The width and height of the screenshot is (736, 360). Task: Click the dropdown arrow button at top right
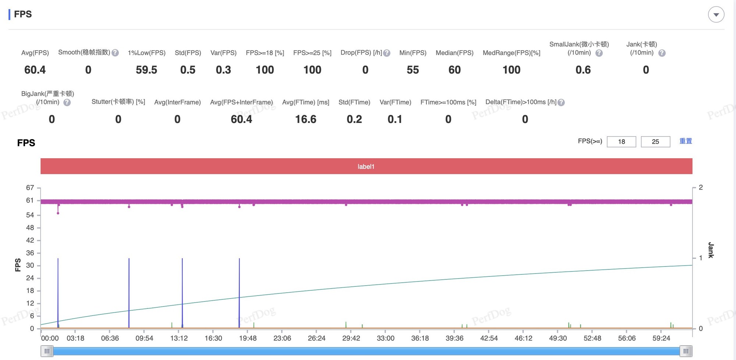pos(716,15)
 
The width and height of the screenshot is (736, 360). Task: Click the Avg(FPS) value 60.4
pos(35,70)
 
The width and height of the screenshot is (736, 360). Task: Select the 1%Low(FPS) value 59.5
pos(146,70)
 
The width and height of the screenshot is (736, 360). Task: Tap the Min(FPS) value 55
pos(413,70)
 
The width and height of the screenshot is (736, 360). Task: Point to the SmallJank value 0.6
pos(583,70)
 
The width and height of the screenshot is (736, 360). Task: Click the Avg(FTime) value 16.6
pos(305,119)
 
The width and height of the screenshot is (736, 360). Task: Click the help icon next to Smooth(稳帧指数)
pos(115,53)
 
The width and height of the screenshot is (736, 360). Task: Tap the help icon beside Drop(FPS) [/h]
pos(387,53)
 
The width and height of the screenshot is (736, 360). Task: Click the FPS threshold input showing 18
pos(621,142)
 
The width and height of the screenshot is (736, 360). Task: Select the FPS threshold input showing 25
pos(655,142)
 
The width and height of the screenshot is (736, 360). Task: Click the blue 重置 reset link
pos(686,141)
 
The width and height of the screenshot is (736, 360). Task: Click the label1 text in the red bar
pos(366,167)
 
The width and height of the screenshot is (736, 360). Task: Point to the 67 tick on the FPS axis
pos(30,188)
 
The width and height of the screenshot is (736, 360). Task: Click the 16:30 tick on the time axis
pos(213,338)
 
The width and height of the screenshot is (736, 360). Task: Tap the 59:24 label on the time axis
pos(661,338)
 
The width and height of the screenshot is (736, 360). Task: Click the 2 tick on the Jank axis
pos(701,187)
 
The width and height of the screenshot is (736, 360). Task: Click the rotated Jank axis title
pos(711,250)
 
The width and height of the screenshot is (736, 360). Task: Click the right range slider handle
pos(686,351)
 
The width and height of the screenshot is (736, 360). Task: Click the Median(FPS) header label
pos(454,53)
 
